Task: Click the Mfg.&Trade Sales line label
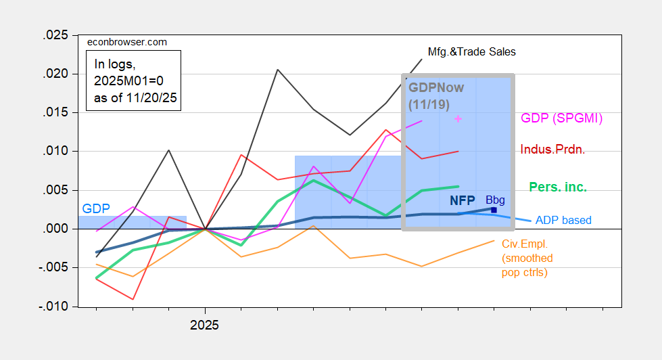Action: tap(472, 51)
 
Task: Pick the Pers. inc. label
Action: tap(558, 186)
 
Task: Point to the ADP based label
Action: tap(563, 220)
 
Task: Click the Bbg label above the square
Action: tap(495, 200)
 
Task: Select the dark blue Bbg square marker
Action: tap(494, 210)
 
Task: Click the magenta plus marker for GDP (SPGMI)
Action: tap(458, 118)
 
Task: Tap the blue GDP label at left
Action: tap(95, 208)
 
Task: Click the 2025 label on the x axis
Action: tap(204, 325)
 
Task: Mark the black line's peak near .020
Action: tap(277, 69)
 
